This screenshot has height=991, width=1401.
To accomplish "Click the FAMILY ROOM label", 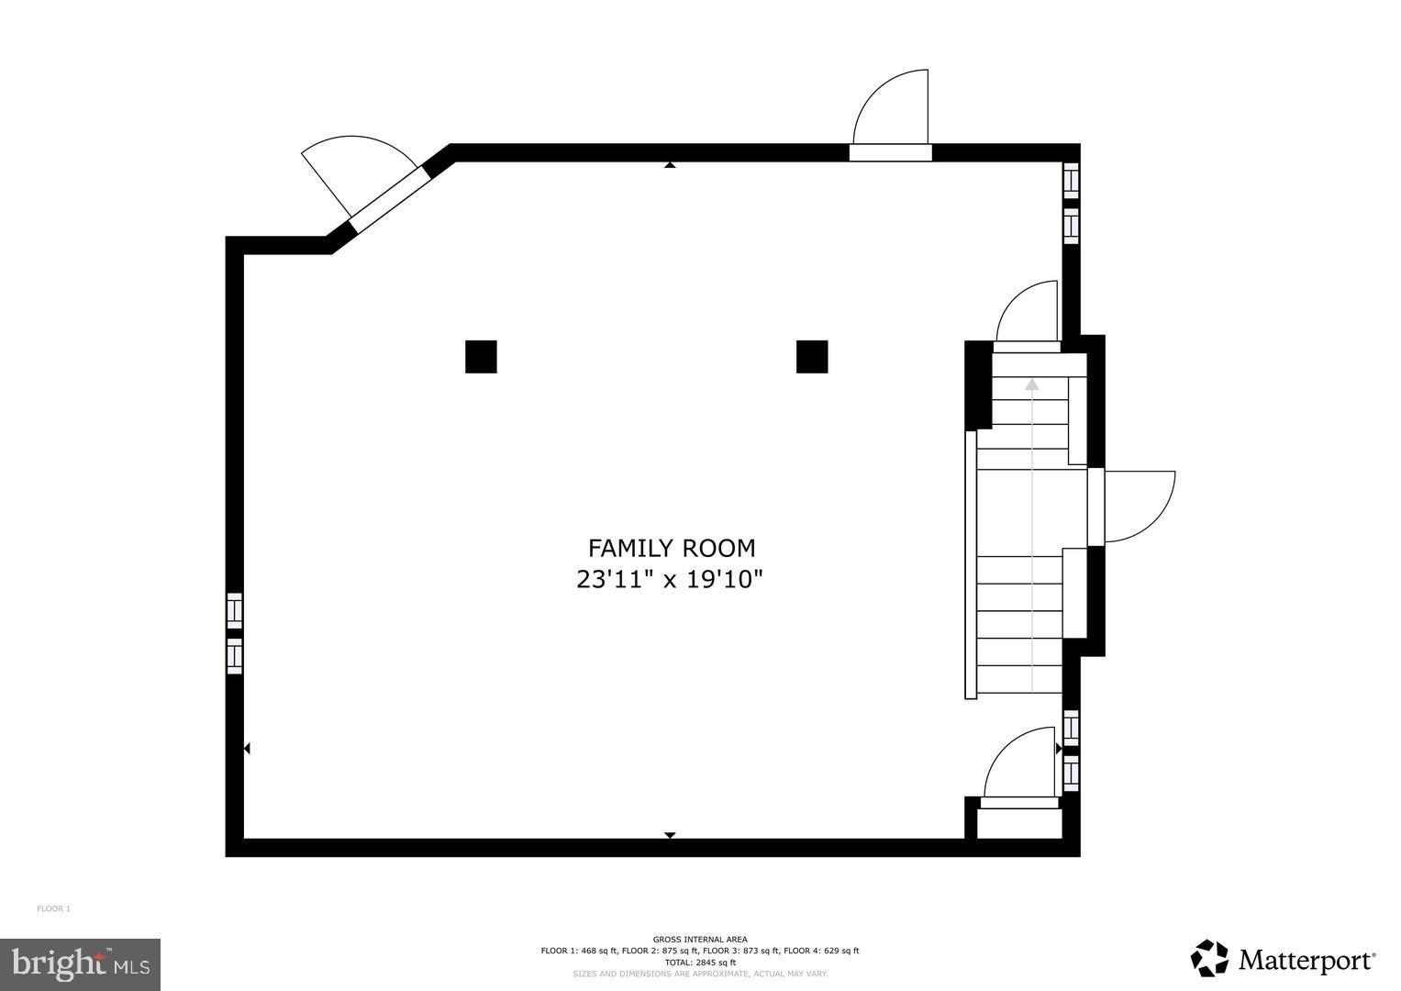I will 671,548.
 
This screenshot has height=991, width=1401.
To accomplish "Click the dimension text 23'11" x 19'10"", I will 670,580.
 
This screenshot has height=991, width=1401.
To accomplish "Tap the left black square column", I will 481,357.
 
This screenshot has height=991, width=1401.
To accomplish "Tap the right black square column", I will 812,357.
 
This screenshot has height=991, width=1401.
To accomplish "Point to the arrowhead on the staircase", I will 1032,384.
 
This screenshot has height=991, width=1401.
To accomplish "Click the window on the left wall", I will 235,633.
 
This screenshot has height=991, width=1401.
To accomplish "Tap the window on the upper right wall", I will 1071,203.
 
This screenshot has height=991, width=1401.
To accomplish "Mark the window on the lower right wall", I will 1071,751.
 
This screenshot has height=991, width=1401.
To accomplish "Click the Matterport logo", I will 1284,959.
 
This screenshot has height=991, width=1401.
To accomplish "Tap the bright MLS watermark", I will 80,964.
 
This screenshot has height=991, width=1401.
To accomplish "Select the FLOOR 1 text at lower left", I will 53,909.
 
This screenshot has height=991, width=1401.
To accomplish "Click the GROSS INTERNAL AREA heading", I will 700,939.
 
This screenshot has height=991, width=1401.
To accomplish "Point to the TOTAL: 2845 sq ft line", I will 700,963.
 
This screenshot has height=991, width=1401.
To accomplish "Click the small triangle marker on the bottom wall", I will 670,835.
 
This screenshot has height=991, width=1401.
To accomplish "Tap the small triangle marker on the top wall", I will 670,165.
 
